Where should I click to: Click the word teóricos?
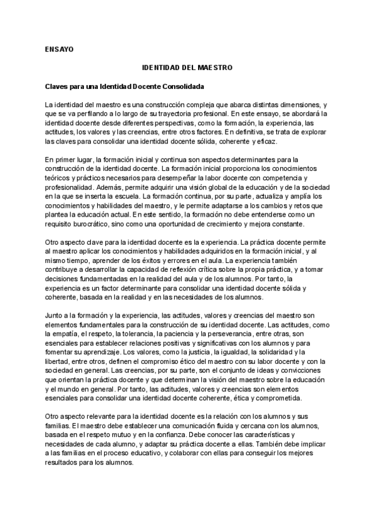coord(58,178)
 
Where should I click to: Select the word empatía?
coord(73,335)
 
